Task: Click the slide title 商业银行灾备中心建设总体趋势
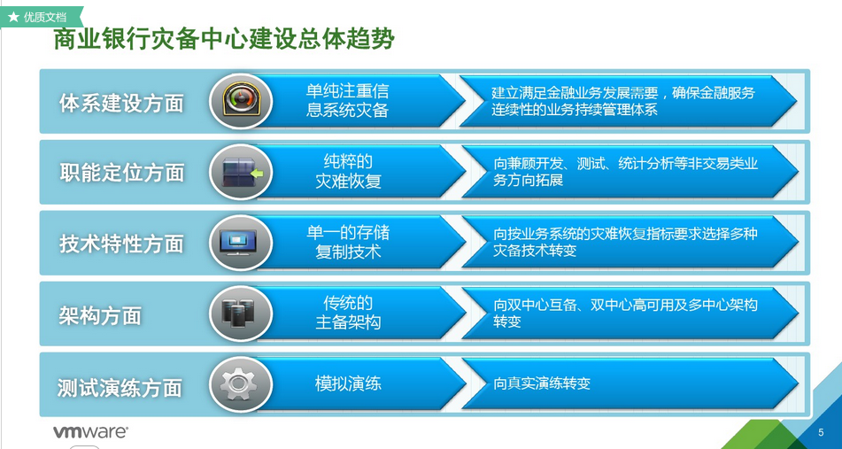click(x=224, y=41)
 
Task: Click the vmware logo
click(x=90, y=432)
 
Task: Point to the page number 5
click(x=821, y=432)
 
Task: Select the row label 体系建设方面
click(x=121, y=103)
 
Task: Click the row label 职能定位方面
click(x=122, y=173)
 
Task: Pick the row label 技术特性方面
click(x=121, y=244)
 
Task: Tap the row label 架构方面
click(x=100, y=316)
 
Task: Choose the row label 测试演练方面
click(x=120, y=388)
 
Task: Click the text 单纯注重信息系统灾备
click(x=347, y=100)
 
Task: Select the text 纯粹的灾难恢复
click(x=348, y=171)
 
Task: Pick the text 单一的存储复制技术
click(x=348, y=242)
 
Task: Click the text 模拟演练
click(x=348, y=384)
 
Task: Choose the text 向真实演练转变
click(x=542, y=383)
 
